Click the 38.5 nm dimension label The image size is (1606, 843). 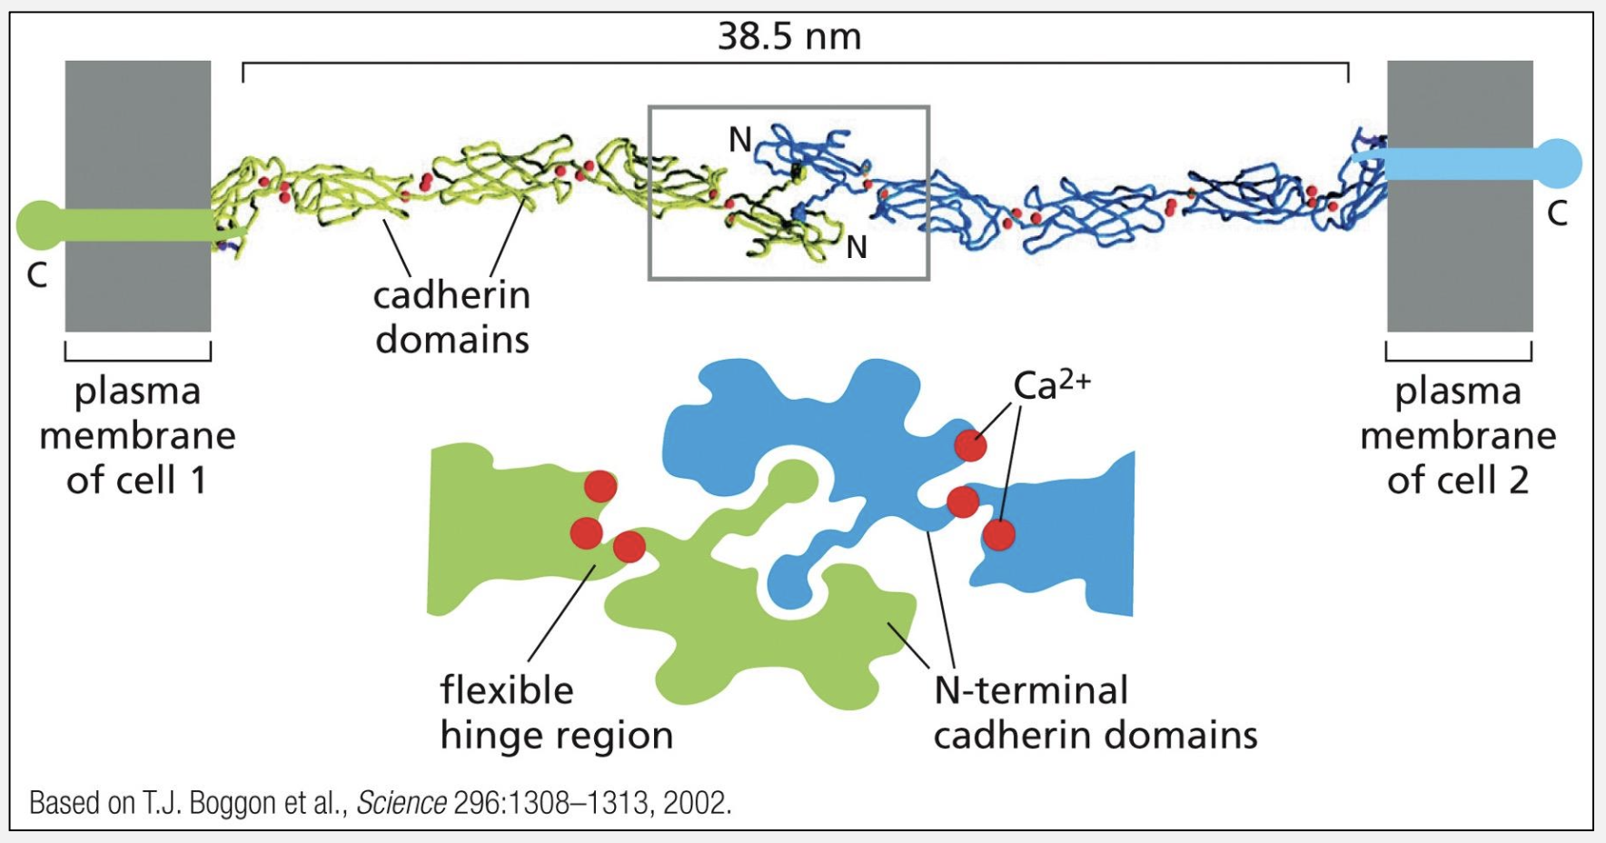click(x=788, y=36)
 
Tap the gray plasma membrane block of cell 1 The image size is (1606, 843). click(x=138, y=273)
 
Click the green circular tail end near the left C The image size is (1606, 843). click(x=39, y=225)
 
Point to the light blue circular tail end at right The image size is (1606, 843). click(x=1558, y=164)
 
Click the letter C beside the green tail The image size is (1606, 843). click(x=36, y=275)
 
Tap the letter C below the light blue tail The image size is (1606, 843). click(x=1557, y=214)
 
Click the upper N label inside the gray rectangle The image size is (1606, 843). click(x=740, y=140)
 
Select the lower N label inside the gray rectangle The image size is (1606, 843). click(x=856, y=247)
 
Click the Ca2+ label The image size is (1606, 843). click(x=1051, y=385)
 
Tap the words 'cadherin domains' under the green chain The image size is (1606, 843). click(x=451, y=317)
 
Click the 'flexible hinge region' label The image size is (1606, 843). click(x=555, y=712)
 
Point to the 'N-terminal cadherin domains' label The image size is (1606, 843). click(x=1095, y=712)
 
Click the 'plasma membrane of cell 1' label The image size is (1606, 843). click(x=137, y=436)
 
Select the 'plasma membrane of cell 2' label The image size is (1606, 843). click(x=1458, y=436)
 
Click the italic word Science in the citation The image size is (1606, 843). click(x=401, y=803)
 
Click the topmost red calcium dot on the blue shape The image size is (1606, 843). click(x=970, y=445)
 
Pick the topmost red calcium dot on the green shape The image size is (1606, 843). click(x=600, y=487)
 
